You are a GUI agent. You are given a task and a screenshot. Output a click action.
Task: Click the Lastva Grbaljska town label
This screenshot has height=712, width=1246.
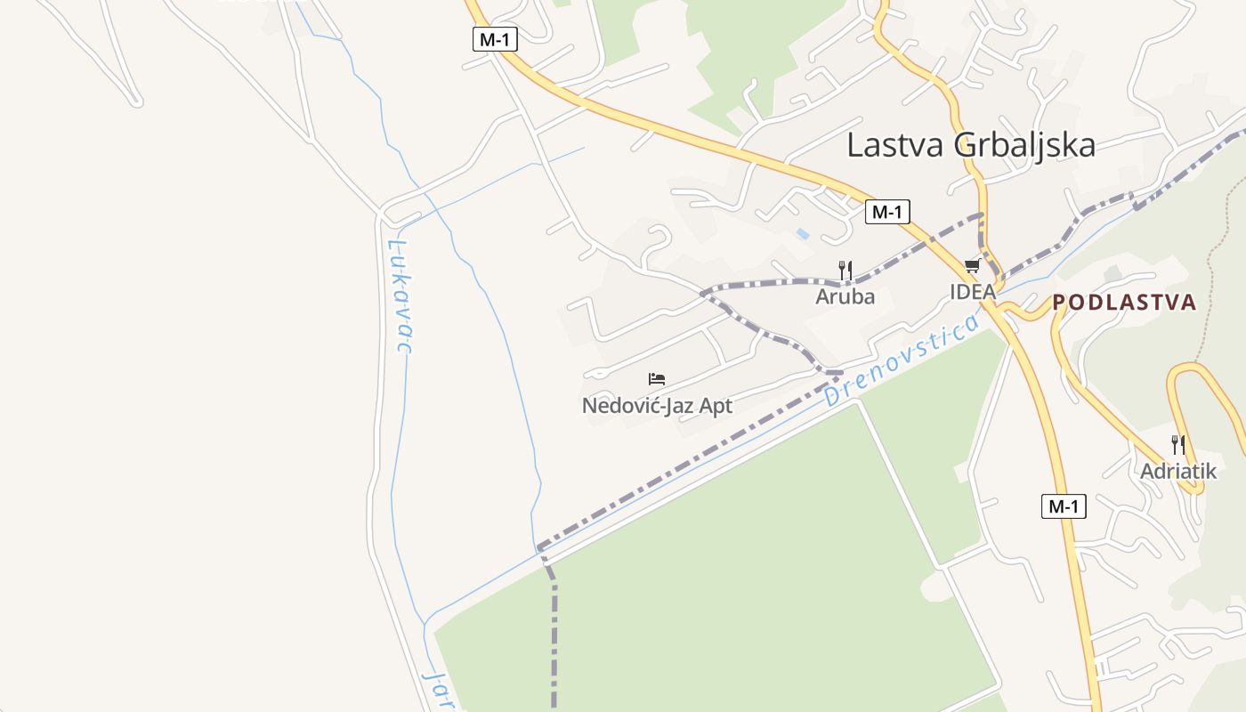click(x=970, y=144)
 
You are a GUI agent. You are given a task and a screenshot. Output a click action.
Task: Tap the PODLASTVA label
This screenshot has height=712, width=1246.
click(x=1124, y=303)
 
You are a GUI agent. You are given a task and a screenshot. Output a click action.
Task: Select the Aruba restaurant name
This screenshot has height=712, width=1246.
click(x=845, y=296)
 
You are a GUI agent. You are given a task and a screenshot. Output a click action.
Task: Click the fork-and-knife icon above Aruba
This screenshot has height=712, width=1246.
click(x=845, y=270)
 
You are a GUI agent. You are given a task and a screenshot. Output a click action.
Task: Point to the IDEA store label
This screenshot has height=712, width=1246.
click(x=972, y=291)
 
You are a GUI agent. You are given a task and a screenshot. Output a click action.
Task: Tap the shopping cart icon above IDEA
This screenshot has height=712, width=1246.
click(x=973, y=265)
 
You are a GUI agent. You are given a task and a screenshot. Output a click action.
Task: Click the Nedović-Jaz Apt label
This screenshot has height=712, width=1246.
click(x=657, y=406)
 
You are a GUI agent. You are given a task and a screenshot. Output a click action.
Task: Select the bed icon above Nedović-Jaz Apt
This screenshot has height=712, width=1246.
click(x=657, y=379)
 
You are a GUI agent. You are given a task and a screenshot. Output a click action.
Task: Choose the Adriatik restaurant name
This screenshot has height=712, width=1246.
click(x=1177, y=471)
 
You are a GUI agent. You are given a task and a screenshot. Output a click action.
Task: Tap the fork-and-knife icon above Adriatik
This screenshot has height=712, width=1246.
click(x=1177, y=444)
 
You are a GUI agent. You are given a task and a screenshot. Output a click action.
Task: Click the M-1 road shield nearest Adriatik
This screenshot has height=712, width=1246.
click(x=1064, y=506)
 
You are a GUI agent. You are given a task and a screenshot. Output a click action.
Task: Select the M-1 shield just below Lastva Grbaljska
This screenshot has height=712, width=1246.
click(x=887, y=212)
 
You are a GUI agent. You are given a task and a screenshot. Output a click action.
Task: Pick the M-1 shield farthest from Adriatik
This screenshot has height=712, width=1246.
click(x=495, y=39)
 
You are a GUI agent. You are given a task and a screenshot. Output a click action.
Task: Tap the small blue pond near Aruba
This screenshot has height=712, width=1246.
click(x=803, y=234)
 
